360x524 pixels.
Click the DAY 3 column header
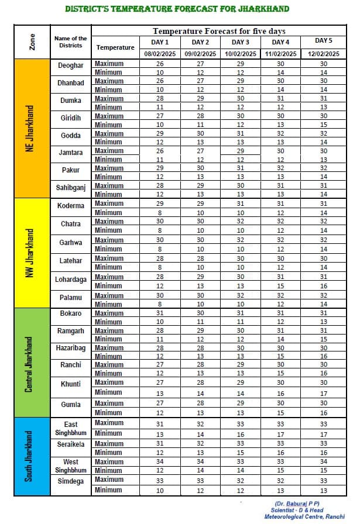coord(240,42)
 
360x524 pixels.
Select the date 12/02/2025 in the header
coord(321,53)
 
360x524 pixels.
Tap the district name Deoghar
coord(71,65)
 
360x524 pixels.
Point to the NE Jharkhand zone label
coord(30,129)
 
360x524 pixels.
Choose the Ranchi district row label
coord(71,365)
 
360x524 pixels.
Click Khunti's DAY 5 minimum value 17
coord(324,394)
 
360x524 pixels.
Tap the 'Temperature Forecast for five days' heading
coord(219,31)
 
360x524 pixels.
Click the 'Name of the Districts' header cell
coord(71,42)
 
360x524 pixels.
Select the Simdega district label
coord(71,481)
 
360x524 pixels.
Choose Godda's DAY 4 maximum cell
coord(280,134)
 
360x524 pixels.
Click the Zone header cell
coord(32,42)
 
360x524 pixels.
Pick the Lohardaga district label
coord(71,280)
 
